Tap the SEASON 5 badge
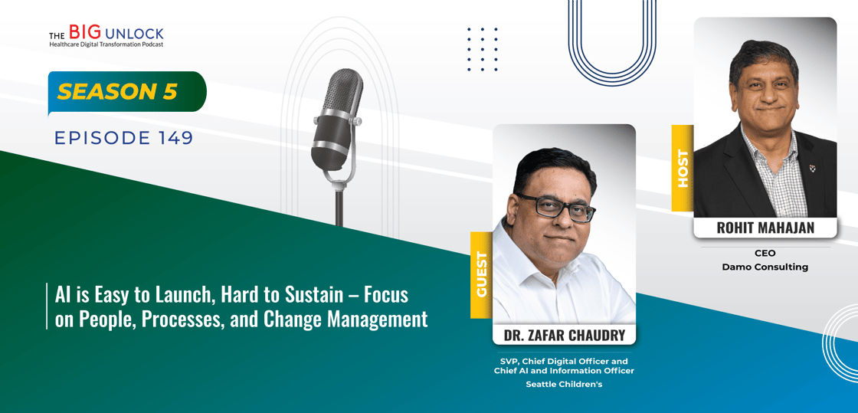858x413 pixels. (127, 92)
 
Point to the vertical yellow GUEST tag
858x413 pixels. (482, 274)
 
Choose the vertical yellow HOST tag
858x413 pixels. (683, 168)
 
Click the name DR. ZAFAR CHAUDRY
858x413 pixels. (564, 335)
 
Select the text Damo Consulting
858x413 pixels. (765, 267)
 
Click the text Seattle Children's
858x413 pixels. (564, 384)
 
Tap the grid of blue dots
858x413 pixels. (483, 49)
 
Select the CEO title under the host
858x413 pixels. (765, 254)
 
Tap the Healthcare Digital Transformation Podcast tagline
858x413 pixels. (106, 44)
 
